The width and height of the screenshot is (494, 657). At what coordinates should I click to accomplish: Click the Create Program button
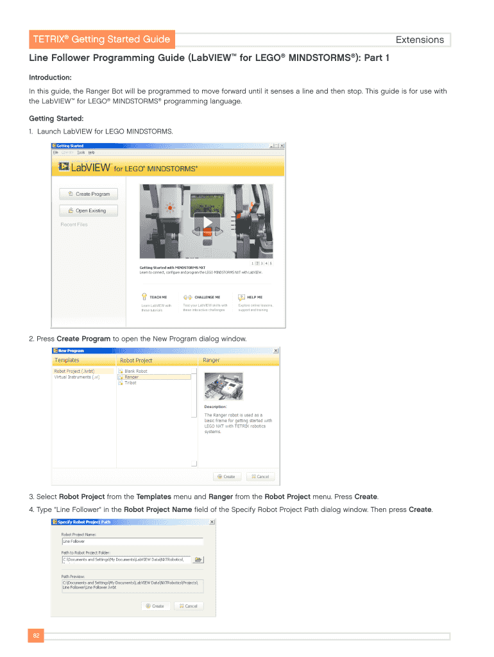89,194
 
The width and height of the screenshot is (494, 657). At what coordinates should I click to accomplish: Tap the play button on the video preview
207,223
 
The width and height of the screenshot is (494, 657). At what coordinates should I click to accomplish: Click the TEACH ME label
158,297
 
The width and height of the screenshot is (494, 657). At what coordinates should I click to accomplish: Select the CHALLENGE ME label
207,297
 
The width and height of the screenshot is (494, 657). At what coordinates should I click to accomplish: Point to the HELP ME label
255,297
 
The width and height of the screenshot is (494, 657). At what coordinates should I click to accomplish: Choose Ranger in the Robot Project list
132,377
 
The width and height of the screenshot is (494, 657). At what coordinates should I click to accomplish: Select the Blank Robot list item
135,371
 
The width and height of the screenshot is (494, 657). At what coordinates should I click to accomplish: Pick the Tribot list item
130,383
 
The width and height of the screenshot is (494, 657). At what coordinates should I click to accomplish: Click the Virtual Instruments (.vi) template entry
76,377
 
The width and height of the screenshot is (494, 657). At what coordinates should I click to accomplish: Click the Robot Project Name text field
132,542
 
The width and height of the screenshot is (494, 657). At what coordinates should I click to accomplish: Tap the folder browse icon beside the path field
198,559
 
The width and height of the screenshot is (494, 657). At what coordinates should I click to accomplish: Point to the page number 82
36,636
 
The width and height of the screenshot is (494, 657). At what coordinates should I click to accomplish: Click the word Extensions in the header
420,40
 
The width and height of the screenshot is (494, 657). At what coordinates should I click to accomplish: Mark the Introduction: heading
50,77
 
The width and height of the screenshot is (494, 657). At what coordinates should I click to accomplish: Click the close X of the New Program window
276,351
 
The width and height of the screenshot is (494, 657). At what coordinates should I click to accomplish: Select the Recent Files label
74,225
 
